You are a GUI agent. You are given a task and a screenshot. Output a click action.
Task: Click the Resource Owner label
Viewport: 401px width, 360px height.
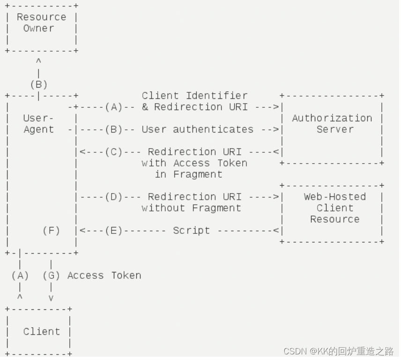click(41, 22)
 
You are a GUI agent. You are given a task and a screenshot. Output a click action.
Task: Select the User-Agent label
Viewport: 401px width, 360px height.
click(38, 124)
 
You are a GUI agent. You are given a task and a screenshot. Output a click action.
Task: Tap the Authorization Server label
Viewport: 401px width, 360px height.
click(332, 124)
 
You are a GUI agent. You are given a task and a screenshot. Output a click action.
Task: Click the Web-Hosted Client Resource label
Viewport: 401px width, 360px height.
click(335, 208)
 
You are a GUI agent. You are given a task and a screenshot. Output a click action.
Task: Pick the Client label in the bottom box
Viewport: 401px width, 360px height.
click(41, 331)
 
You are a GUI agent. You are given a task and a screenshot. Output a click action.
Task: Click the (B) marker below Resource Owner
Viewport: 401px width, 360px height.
click(38, 85)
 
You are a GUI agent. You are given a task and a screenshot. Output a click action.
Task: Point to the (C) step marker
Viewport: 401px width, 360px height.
click(114, 152)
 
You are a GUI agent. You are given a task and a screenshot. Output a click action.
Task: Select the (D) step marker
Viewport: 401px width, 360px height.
click(114, 197)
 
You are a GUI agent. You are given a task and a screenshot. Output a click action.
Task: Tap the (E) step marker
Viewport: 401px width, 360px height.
click(114, 231)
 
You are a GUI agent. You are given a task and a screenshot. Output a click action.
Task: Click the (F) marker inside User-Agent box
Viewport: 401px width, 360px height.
click(51, 231)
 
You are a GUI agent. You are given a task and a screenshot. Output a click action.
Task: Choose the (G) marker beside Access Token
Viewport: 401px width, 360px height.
click(51, 276)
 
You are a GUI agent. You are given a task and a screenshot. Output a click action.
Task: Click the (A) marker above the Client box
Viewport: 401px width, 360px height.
click(20, 276)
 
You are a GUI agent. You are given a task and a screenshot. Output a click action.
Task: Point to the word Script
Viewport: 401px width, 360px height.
click(191, 231)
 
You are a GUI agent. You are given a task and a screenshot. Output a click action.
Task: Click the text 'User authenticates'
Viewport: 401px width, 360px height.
click(197, 129)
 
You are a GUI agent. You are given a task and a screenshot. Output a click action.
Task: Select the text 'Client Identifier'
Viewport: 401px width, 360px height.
click(194, 96)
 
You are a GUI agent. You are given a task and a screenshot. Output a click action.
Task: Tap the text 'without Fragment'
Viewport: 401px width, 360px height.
click(191, 208)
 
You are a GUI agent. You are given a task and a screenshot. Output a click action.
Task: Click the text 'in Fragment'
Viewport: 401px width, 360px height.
click(188, 174)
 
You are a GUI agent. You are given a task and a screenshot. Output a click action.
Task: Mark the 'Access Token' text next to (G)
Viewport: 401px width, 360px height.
click(104, 276)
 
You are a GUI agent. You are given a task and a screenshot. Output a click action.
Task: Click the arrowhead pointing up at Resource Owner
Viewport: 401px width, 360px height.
click(38, 61)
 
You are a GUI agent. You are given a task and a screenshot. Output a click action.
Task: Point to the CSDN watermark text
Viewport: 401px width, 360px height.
click(338, 351)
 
